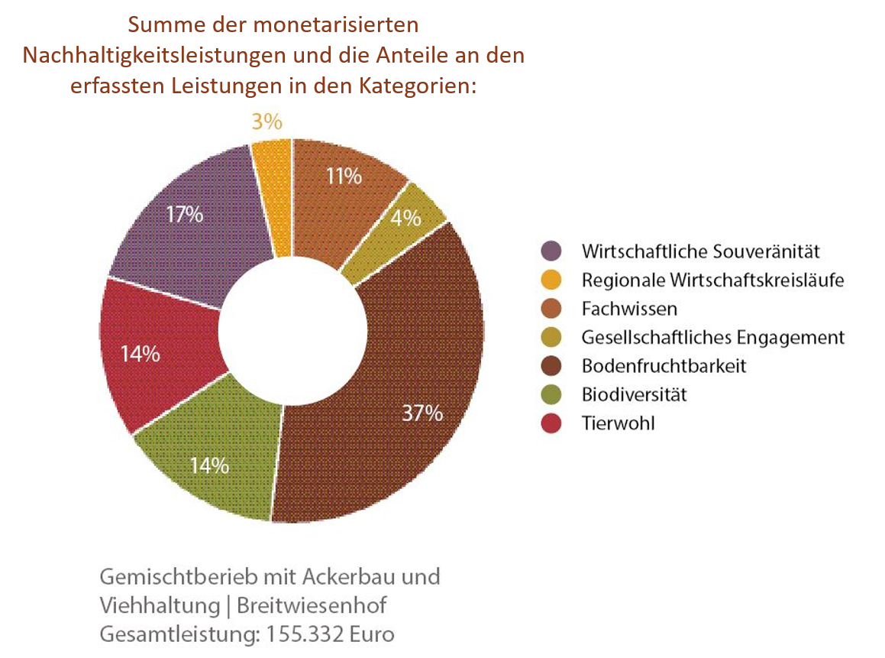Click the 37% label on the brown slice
(x=423, y=413)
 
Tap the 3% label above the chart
(x=266, y=122)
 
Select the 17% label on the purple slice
(x=185, y=215)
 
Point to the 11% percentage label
(x=344, y=177)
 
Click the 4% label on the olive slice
(x=406, y=218)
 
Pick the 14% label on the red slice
(x=141, y=354)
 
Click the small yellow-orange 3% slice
(x=273, y=195)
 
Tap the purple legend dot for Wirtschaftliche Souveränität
(x=551, y=251)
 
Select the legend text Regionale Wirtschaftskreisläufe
(x=712, y=280)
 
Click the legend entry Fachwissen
(x=629, y=309)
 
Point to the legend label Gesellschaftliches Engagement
(x=712, y=337)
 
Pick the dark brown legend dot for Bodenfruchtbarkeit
(x=551, y=366)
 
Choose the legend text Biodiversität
(x=634, y=394)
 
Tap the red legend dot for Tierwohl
(x=551, y=423)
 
